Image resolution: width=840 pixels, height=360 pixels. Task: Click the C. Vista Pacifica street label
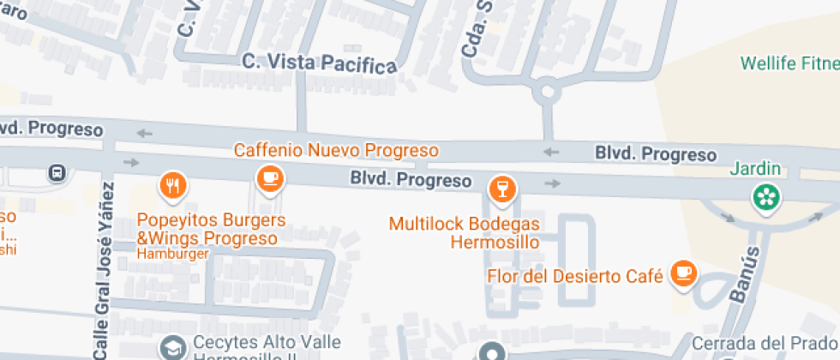coord(320,63)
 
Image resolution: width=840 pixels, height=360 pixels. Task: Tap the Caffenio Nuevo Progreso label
coord(337,151)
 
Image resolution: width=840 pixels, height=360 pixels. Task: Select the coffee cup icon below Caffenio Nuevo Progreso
coord(271,178)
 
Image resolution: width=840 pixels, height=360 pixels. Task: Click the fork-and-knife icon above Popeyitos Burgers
coord(173,183)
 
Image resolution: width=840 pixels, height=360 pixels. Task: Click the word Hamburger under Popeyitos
coord(173,254)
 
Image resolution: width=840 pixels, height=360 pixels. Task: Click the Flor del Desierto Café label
coord(575,276)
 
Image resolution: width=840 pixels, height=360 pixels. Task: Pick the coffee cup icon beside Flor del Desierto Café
coord(683,273)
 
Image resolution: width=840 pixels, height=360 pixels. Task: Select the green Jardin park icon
coord(765,198)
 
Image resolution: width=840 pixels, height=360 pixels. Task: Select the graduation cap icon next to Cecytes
coord(174,347)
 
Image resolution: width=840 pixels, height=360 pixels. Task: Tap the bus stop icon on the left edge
coord(57,171)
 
